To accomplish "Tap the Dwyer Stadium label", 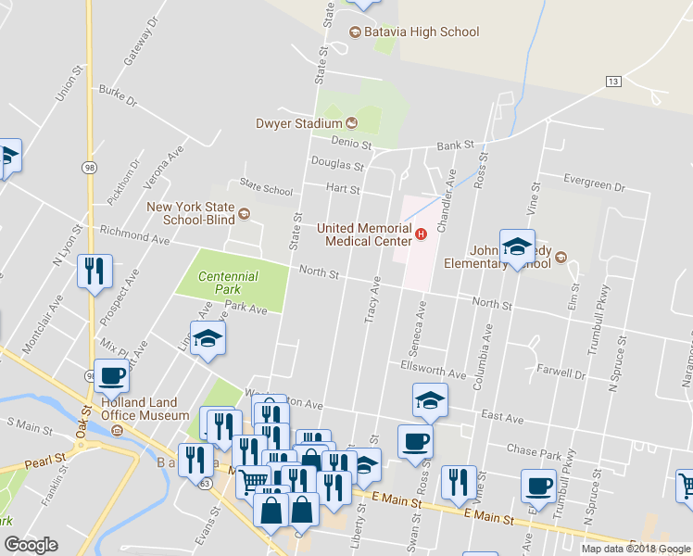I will [299, 123].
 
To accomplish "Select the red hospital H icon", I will [422, 234].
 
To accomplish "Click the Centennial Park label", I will [228, 283].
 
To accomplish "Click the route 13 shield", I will [613, 82].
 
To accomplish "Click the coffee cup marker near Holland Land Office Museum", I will [111, 377].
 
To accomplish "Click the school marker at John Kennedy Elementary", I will [517, 246].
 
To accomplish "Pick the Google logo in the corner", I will [31, 545].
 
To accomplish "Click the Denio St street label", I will [352, 145].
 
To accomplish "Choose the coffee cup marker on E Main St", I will [537, 486].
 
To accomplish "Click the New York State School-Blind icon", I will [244, 215].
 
